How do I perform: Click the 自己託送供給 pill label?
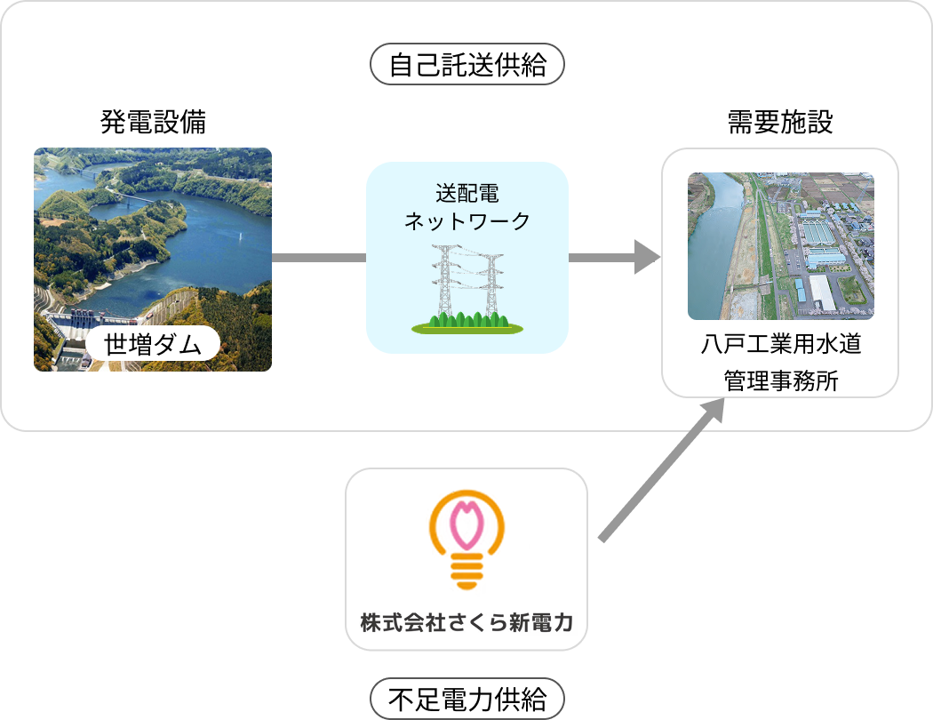[x=467, y=66]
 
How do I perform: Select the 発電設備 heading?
[x=153, y=122]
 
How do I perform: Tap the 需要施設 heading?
[x=780, y=122]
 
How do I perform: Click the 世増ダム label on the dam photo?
[x=153, y=343]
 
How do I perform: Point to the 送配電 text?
[x=466, y=193]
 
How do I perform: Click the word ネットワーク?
[x=466, y=220]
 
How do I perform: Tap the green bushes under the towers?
[x=467, y=322]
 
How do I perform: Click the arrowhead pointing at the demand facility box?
[x=648, y=258]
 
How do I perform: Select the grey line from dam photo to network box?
[x=319, y=258]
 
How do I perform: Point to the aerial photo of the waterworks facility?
[x=780, y=246]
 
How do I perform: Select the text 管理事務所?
[x=780, y=380]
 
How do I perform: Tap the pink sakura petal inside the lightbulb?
[x=466, y=524]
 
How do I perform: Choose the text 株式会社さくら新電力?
[x=466, y=622]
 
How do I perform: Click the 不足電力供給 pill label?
[x=467, y=699]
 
